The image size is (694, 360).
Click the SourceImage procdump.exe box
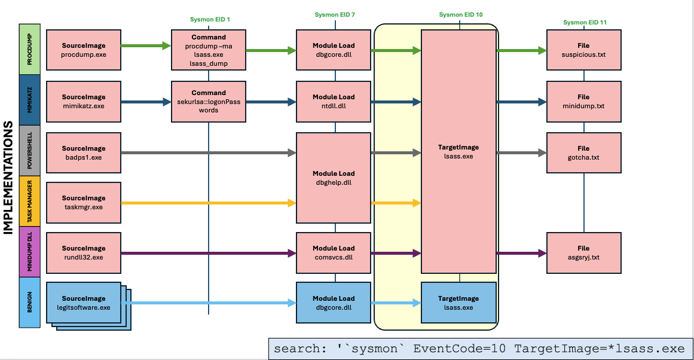(x=84, y=50)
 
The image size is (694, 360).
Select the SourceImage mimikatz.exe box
(x=84, y=102)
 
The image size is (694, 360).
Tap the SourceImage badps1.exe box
(x=84, y=152)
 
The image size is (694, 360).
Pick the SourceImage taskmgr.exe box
(x=84, y=202)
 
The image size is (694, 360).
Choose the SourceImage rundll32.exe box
(x=84, y=253)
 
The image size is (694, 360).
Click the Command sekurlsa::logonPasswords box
(x=209, y=102)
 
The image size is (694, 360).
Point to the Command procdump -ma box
(x=209, y=50)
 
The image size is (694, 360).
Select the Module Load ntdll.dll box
(x=334, y=102)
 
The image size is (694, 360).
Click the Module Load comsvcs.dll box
(x=334, y=253)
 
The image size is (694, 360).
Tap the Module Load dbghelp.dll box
(x=334, y=178)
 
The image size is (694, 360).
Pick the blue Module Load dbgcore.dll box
(x=334, y=303)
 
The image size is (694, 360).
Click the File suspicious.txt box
(x=584, y=50)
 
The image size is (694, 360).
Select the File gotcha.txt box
(x=584, y=152)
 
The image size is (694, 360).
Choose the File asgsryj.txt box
(x=584, y=253)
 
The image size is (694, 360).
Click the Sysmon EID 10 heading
(x=461, y=14)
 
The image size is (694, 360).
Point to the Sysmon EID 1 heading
(x=210, y=20)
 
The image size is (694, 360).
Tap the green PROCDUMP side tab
(x=30, y=49)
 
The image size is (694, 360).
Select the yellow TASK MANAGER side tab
(x=30, y=201)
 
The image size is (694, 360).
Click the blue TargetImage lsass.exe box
(x=458, y=303)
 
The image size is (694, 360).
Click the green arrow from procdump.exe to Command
(x=146, y=45)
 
